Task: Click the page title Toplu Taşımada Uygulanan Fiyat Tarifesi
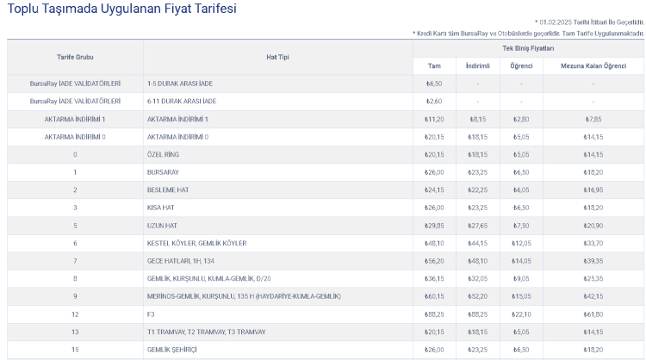tap(121, 9)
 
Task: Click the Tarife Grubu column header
tap(75, 57)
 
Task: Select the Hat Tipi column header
tap(277, 57)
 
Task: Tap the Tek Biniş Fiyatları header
tap(528, 48)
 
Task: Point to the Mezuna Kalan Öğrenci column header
tap(593, 65)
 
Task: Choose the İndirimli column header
tap(477, 65)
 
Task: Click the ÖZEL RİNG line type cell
tap(163, 154)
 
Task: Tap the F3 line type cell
tap(151, 313)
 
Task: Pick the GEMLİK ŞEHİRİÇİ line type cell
tap(173, 350)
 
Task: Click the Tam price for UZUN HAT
tap(434, 226)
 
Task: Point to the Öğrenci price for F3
tap(521, 313)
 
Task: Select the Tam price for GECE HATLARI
tap(434, 261)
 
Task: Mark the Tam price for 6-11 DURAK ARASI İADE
tap(434, 101)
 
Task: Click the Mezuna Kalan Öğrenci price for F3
tap(593, 313)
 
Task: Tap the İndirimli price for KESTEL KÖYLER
tap(477, 243)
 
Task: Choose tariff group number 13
tap(75, 332)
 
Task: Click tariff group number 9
tap(75, 296)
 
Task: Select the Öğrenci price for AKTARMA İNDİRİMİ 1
tap(521, 119)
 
